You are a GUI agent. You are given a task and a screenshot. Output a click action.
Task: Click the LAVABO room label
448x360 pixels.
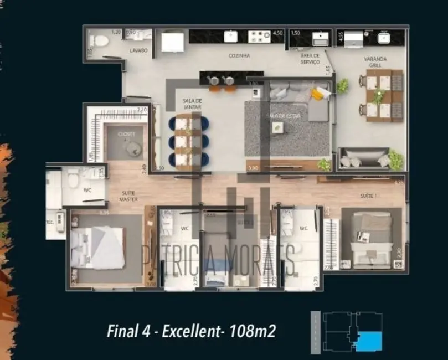139,50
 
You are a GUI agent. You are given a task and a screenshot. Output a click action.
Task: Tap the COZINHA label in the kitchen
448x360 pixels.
239,56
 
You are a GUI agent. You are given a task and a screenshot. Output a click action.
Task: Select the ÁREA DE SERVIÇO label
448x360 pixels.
310,59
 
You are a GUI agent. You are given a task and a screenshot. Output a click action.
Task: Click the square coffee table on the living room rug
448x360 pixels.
277,127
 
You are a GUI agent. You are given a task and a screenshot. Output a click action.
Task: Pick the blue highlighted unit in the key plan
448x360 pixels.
369,340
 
